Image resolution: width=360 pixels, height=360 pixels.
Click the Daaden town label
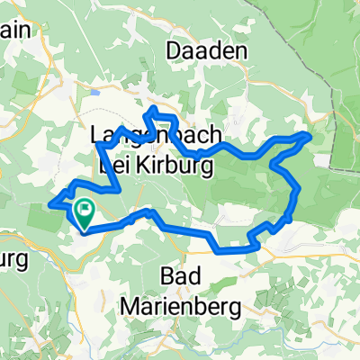(x=206, y=52)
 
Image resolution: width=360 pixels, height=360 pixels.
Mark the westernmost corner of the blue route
(x=53, y=203)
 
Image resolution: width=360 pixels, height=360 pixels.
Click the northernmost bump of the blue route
(x=155, y=109)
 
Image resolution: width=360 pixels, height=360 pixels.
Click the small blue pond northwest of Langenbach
(x=95, y=92)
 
